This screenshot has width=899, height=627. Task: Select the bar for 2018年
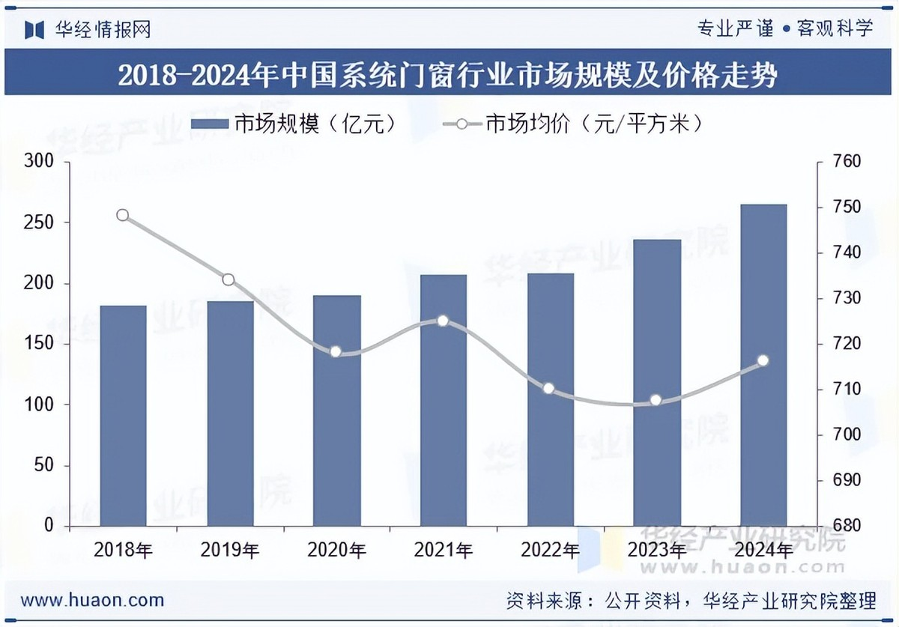[123, 415]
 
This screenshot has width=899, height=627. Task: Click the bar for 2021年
[443, 400]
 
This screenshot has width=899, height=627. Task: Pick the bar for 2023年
[656, 382]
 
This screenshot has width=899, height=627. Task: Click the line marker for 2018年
[123, 216]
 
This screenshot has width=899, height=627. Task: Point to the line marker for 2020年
[336, 351]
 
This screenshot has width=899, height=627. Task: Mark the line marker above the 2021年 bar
[443, 321]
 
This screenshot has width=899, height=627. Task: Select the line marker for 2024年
[763, 360]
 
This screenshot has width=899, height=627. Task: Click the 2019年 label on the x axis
[230, 551]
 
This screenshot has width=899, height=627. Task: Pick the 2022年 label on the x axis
[549, 551]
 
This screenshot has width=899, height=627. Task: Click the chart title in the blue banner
[448, 76]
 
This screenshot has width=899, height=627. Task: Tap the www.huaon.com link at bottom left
[92, 600]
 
